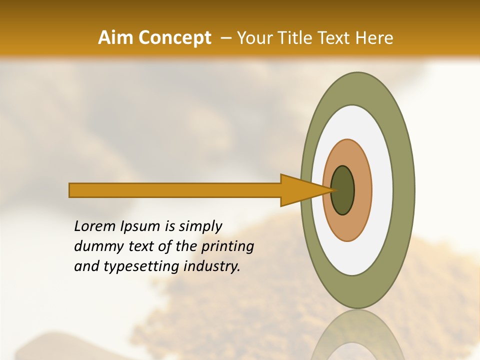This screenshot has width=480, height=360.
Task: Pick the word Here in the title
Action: coord(374,38)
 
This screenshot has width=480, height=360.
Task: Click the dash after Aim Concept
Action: coord(225,38)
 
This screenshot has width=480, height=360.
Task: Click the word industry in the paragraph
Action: coord(212,267)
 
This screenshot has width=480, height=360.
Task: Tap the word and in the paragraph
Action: coord(86,266)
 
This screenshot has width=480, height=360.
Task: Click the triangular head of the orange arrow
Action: coord(300,190)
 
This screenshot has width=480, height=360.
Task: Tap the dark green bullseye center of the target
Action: coord(343,190)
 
